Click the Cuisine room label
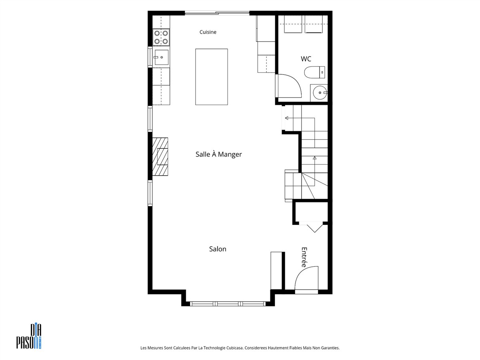208,32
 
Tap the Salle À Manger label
218,154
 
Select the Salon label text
218,249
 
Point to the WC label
306,59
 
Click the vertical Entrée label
304,257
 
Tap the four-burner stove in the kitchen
161,37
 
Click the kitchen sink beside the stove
161,57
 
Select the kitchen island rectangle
212,77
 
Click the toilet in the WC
314,72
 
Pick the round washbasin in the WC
320,93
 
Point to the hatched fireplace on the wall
160,156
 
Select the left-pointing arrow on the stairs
300,118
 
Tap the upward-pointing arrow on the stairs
314,171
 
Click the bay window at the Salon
228,304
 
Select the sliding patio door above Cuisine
217,13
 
